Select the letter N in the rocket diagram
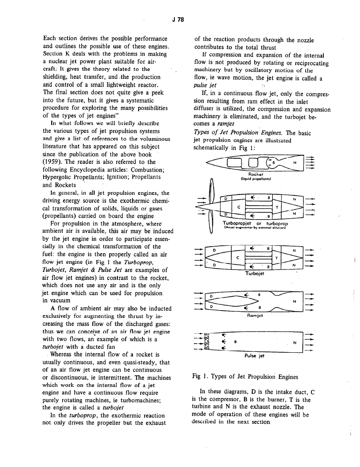point(294,163)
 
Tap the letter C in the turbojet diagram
point(238,257)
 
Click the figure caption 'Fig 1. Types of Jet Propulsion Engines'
point(245,376)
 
